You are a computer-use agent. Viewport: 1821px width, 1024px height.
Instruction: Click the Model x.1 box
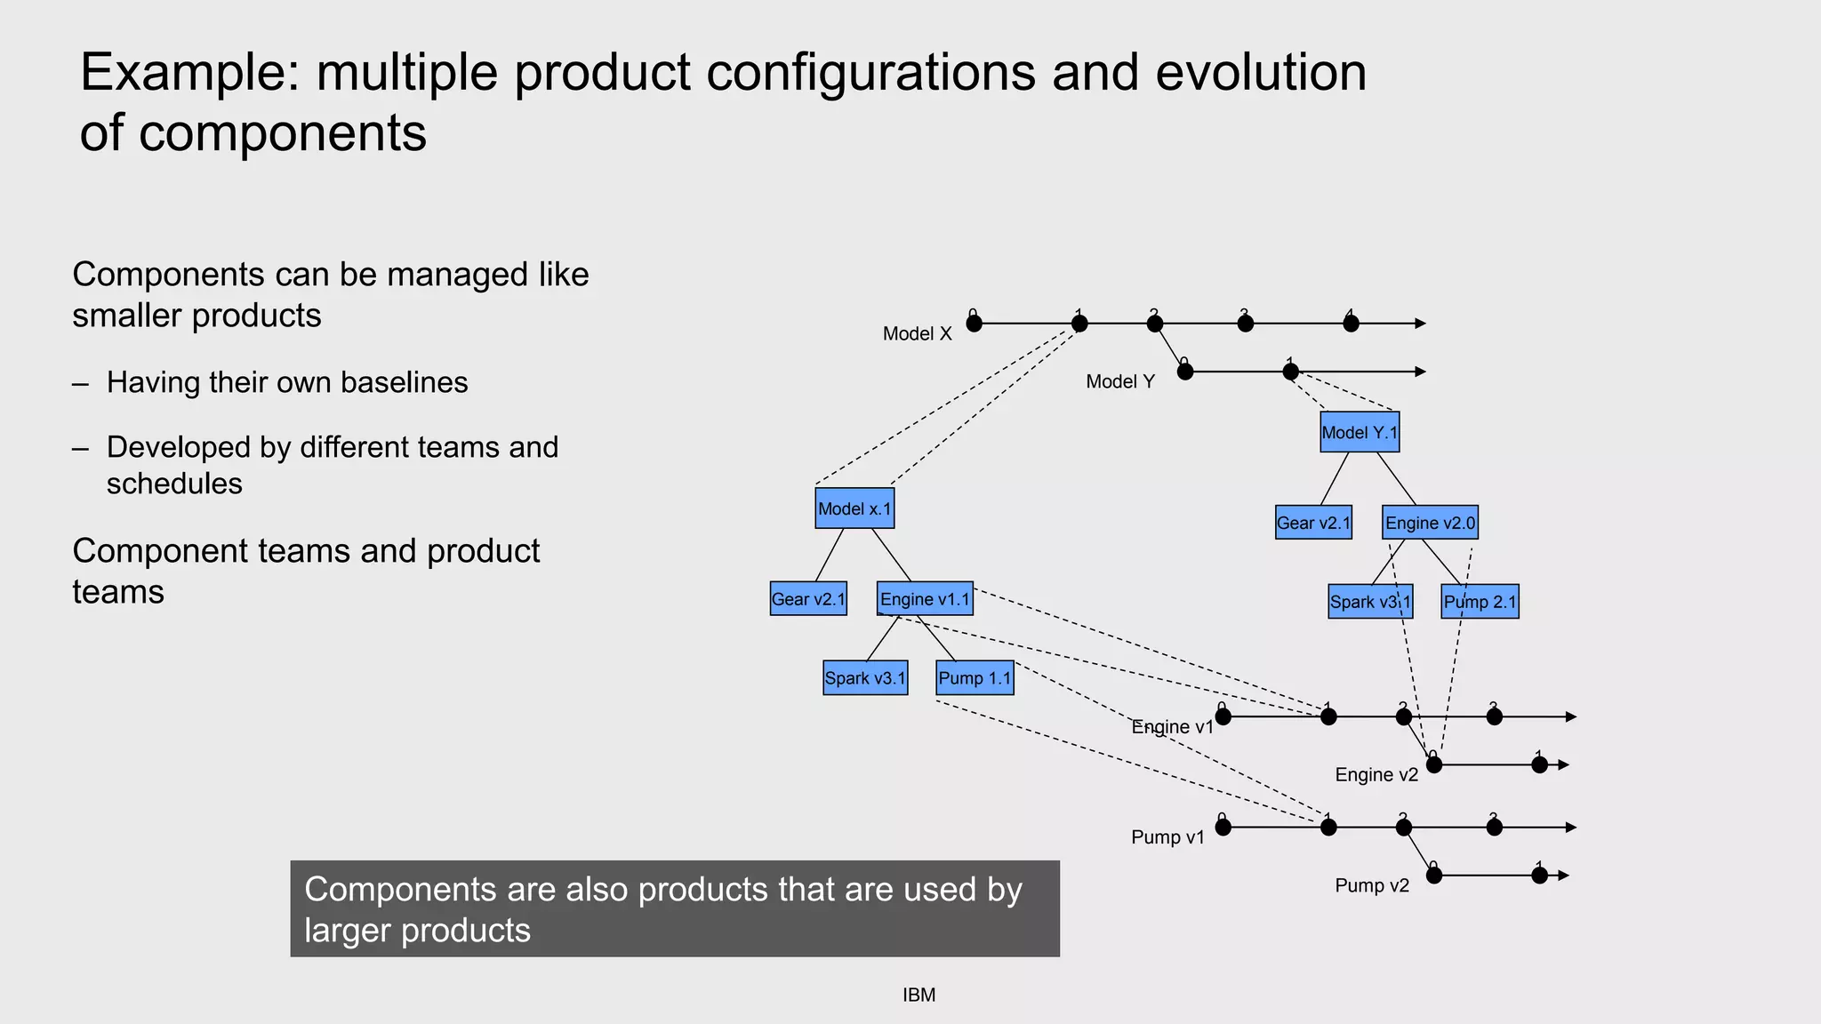click(854, 508)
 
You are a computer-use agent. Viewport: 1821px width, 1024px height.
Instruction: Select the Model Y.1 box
click(1360, 432)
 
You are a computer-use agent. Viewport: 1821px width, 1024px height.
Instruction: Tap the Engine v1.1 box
click(925, 599)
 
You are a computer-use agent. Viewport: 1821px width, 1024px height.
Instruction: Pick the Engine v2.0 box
click(1430, 523)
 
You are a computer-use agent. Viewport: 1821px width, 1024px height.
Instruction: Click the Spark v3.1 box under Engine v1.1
click(865, 678)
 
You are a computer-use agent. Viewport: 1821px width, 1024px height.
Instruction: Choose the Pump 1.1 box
click(975, 678)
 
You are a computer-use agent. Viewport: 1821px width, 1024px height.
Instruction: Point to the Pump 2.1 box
click(1480, 602)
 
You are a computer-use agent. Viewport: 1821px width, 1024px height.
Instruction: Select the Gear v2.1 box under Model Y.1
click(1313, 523)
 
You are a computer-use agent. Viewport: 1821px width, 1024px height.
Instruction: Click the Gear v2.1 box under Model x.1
click(808, 599)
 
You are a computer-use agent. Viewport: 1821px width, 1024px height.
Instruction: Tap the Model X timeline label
click(917, 334)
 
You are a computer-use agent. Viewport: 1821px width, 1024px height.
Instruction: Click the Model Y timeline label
click(1120, 382)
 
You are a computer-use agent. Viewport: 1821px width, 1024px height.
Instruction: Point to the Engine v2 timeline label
click(1376, 775)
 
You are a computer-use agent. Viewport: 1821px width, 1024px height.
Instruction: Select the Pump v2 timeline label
click(1372, 885)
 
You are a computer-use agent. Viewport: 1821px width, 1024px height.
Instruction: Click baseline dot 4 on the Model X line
click(1351, 324)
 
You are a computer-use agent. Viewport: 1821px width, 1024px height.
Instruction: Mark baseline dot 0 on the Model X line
click(975, 324)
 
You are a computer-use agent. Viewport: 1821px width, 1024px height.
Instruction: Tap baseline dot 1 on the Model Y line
click(1291, 372)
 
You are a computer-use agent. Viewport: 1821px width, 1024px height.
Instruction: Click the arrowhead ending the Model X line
click(1421, 324)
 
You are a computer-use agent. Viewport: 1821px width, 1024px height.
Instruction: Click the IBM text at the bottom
click(919, 996)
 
